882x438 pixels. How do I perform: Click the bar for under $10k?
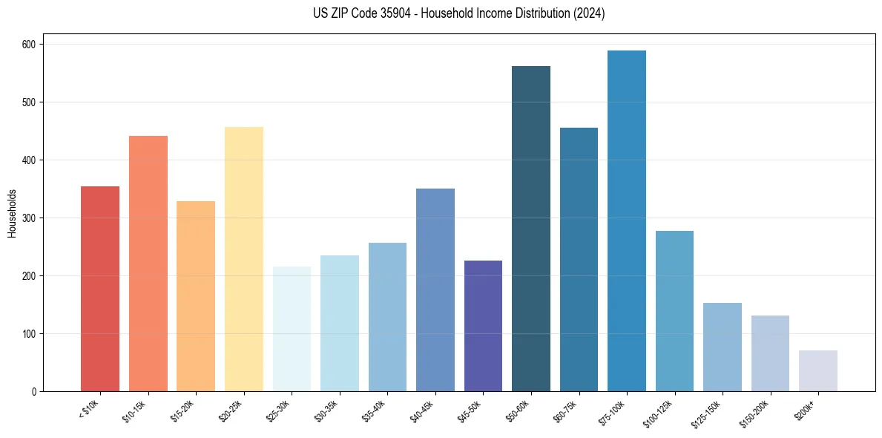pyautogui.click(x=100, y=289)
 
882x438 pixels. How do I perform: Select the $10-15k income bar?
pyautogui.click(x=148, y=264)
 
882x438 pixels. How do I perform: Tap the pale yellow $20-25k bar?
pyautogui.click(x=244, y=259)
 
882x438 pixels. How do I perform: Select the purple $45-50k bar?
pyautogui.click(x=483, y=326)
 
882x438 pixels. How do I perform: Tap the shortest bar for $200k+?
pyautogui.click(x=818, y=371)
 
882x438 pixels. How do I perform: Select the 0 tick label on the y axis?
pyautogui.click(x=36, y=392)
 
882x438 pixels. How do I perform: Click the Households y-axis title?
pyautogui.click(x=12, y=212)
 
